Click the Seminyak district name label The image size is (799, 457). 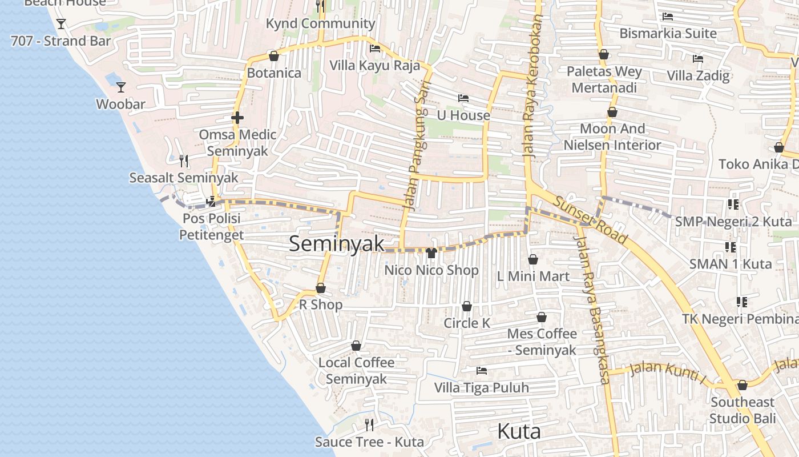click(x=336, y=243)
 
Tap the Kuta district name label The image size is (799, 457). click(x=519, y=431)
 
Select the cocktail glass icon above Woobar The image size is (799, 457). click(x=121, y=87)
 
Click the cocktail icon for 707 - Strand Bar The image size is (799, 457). click(x=61, y=24)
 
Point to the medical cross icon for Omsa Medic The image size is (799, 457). click(x=237, y=118)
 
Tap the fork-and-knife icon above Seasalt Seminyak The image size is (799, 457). click(x=183, y=161)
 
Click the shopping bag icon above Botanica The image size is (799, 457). click(x=273, y=56)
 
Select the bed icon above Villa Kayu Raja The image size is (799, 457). click(x=375, y=49)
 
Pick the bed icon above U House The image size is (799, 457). click(x=463, y=98)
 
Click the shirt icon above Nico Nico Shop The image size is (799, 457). click(x=431, y=252)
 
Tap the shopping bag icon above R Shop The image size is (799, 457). click(x=321, y=288)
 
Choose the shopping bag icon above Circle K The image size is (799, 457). click(x=467, y=307)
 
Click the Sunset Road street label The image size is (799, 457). click(x=590, y=221)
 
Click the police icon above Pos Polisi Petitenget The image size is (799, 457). click(x=211, y=201)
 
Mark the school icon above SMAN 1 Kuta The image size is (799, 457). click(x=730, y=247)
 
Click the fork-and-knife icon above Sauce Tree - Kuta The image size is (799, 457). click(x=369, y=424)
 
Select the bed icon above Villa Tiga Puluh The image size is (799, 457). click(x=482, y=371)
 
